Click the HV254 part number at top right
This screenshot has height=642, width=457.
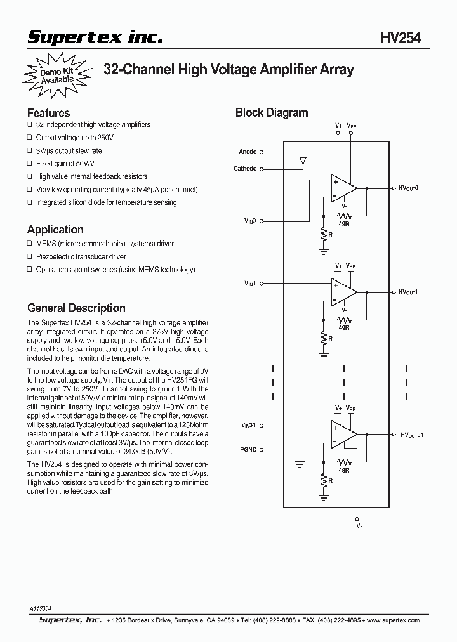pyautogui.click(x=401, y=39)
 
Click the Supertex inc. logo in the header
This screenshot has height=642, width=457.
pyautogui.click(x=95, y=38)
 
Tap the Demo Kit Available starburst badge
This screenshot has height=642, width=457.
pyautogui.click(x=56, y=76)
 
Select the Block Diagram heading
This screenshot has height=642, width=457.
pyautogui.click(x=272, y=113)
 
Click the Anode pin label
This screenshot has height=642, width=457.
pyautogui.click(x=248, y=152)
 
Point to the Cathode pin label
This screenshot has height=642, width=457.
pyautogui.click(x=245, y=169)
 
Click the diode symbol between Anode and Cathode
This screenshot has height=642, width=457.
pyautogui.click(x=303, y=160)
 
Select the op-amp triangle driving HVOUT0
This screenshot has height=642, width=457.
pyautogui.click(x=343, y=188)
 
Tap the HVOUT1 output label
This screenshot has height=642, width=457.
pyautogui.click(x=408, y=292)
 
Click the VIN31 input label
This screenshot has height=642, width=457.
pyautogui.click(x=248, y=424)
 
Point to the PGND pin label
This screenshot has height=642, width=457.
pyautogui.click(x=248, y=450)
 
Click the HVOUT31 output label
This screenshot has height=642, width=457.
pyautogui.click(x=411, y=435)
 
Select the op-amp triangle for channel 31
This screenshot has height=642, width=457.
pyautogui.click(x=343, y=435)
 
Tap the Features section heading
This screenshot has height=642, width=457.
pyautogui.click(x=48, y=113)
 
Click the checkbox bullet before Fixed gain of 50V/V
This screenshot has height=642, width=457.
pyautogui.click(x=30, y=164)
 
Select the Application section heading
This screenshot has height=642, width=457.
pyautogui.click(x=55, y=230)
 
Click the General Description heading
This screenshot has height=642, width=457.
pyautogui.click(x=76, y=308)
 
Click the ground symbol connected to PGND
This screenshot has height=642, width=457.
pyautogui.click(x=299, y=465)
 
